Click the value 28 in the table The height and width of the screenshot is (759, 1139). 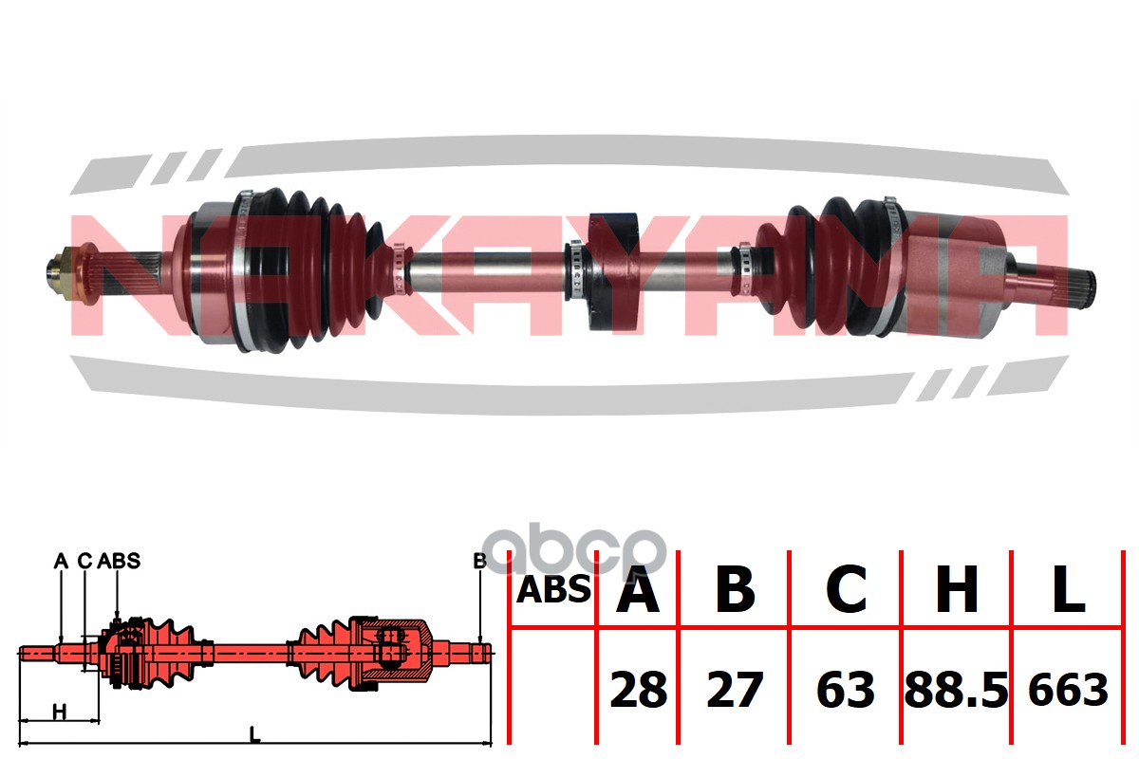point(638,690)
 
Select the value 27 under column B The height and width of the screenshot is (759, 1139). point(735,690)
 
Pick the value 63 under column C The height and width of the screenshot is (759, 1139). point(846,690)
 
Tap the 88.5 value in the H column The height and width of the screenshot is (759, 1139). point(956,690)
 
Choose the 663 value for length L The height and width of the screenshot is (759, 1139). point(1069,689)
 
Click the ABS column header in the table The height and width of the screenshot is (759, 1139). point(553,590)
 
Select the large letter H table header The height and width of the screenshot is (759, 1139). point(957,589)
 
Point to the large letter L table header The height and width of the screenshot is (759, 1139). point(1069,589)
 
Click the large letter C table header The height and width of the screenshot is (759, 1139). point(846,589)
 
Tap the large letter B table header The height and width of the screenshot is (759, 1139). point(735,589)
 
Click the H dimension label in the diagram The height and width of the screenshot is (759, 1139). point(60,712)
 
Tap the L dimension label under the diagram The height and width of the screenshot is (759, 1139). point(254,734)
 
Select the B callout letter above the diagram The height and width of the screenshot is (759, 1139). point(479,561)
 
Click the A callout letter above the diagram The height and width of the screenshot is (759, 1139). point(61,561)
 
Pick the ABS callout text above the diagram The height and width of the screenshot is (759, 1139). point(119,561)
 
